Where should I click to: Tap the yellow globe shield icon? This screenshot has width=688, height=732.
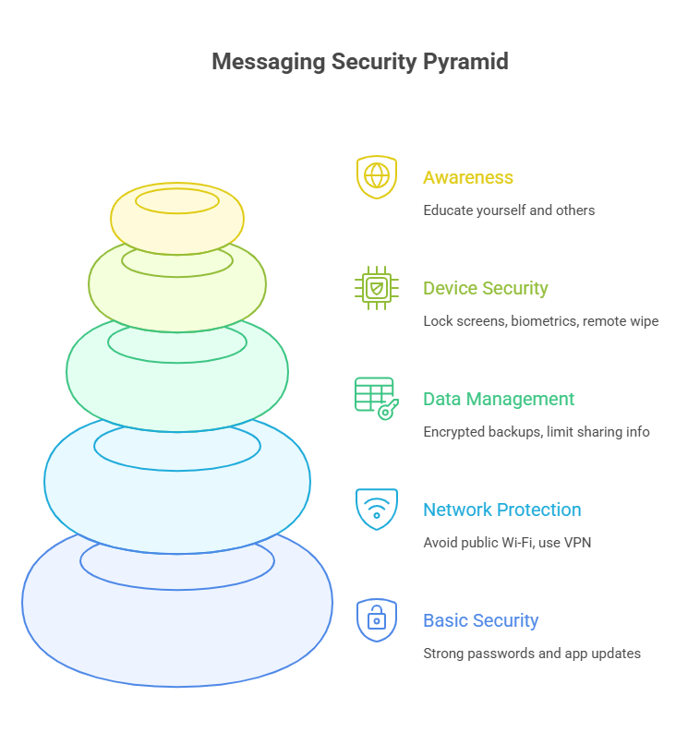[377, 176]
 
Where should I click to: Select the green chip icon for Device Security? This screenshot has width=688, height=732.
[377, 288]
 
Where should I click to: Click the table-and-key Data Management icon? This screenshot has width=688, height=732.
[376, 399]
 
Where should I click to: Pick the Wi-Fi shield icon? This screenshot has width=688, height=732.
[377, 509]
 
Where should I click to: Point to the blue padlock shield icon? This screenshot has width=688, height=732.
[377, 619]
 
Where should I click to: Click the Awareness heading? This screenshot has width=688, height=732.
[468, 177]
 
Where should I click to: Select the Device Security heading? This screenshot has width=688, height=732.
[486, 288]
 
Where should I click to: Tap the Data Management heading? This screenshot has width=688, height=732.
[499, 399]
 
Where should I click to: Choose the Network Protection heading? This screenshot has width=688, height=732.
[502, 510]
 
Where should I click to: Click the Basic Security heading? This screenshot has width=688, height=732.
[481, 620]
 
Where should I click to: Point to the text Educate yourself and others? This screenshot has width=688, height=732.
[509, 210]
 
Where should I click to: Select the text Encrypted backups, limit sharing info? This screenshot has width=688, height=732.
[537, 432]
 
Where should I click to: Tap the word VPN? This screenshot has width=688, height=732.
[576, 543]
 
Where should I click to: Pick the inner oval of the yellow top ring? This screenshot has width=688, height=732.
[177, 200]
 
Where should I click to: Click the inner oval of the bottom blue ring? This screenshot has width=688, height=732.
[177, 560]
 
